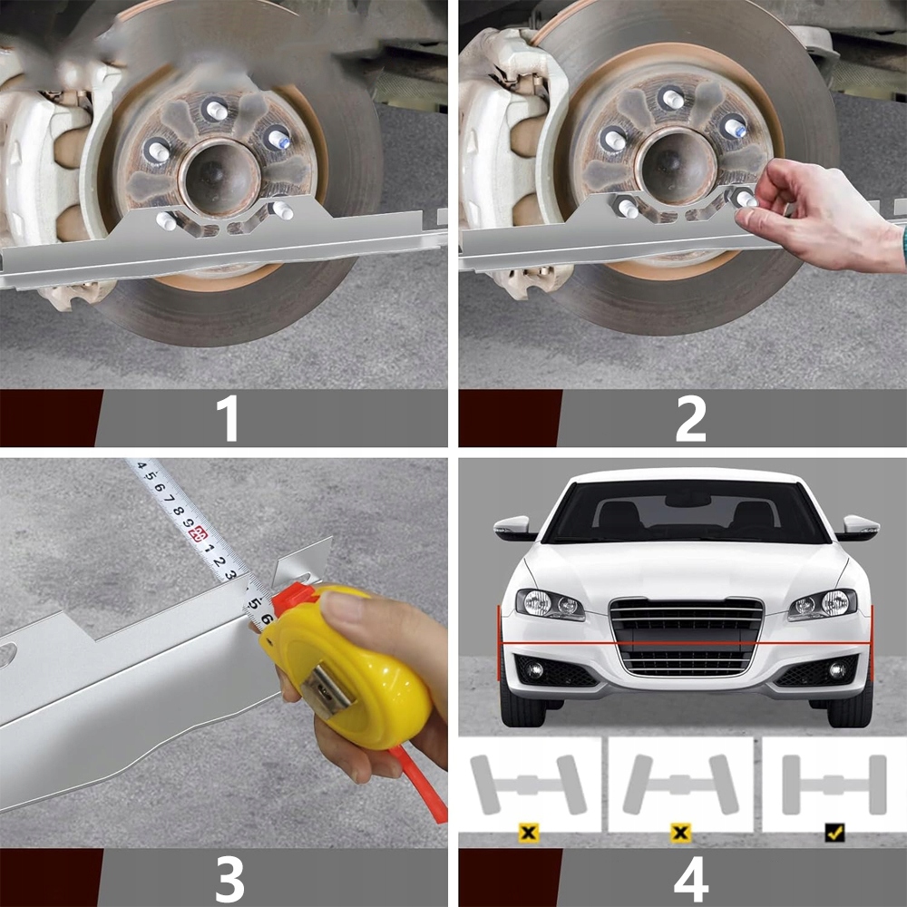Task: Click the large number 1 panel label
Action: coord(229,417)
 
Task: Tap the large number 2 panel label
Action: coord(690,417)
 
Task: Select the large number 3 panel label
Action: coord(229,878)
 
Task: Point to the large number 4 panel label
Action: coord(691,878)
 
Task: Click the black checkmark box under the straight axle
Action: coord(834,833)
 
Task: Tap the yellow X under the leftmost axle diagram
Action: coord(528,833)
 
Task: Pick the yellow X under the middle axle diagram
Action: coord(681,833)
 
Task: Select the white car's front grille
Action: coord(687,637)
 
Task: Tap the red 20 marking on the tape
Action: coord(200,533)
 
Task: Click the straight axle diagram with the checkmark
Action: coord(834,785)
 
